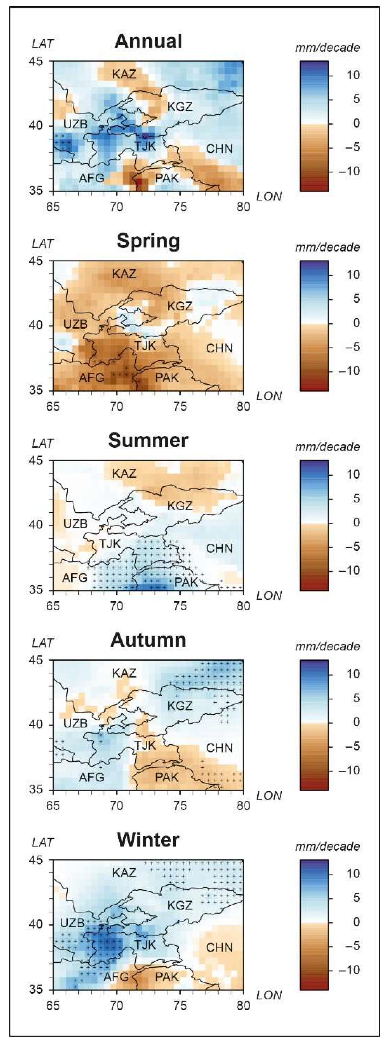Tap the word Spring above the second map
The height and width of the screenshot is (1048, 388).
[148, 241]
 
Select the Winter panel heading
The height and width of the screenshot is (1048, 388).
[148, 840]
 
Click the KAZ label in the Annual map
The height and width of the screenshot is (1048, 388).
[124, 75]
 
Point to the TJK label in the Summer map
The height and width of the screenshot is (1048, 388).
[110, 543]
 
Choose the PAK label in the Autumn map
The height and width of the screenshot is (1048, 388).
[167, 778]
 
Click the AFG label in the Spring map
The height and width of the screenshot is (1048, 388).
[92, 378]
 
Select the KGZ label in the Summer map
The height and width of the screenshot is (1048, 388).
[180, 506]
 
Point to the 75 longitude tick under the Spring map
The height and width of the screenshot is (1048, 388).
[180, 407]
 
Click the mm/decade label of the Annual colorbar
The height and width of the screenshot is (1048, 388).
[327, 48]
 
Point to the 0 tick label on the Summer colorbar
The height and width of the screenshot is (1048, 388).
[356, 523]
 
